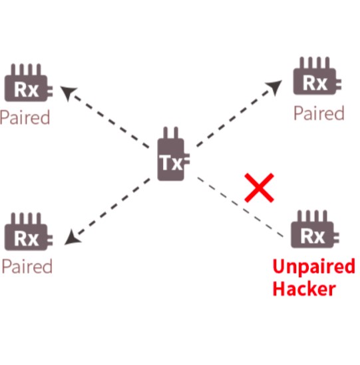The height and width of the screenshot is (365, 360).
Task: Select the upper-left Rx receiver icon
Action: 29,83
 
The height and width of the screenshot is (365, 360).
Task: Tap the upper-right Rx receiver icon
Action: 317,76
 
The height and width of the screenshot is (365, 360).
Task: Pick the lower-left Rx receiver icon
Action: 29,232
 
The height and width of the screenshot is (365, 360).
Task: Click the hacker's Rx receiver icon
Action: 315,229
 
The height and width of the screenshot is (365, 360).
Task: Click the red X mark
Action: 259,188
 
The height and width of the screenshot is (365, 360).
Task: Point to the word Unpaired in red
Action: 313,267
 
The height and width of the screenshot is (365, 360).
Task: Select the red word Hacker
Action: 304,288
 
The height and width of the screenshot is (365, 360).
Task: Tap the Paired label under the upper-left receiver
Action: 25,117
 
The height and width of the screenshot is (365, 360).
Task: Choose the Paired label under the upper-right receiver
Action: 319,113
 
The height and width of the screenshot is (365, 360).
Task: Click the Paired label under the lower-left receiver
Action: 27,266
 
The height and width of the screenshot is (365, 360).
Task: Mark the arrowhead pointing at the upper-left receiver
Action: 68,93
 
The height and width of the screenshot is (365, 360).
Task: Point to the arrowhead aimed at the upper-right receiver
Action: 275,87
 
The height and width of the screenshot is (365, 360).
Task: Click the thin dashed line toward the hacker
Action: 240,207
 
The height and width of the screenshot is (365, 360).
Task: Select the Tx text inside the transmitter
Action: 171,163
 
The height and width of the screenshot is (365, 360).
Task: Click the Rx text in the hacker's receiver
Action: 313,236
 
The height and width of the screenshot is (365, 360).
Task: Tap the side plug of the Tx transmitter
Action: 187,159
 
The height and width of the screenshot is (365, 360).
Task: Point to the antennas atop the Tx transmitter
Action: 171,133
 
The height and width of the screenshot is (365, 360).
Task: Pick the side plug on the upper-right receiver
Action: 339,85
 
